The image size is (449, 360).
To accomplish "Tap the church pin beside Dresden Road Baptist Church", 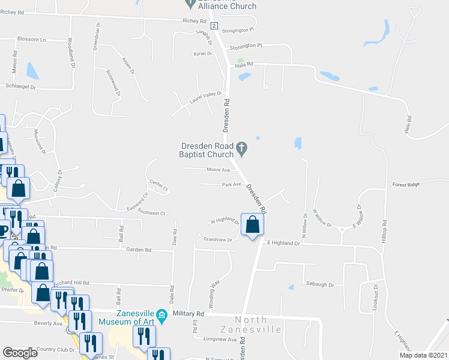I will tap(241, 147).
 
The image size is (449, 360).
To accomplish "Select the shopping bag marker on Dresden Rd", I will tap(253, 225).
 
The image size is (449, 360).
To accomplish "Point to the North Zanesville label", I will tap(259, 325).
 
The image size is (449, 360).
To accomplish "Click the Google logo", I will tap(20, 353).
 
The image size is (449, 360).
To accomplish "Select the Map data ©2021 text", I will tap(424, 355).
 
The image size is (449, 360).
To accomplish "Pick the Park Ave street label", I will tap(231, 185).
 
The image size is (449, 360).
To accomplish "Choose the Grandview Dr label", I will tap(218, 239).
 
